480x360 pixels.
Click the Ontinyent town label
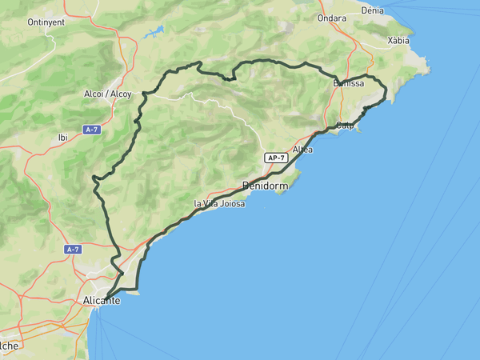[x=46, y=22]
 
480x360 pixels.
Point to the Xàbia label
[x=398, y=40]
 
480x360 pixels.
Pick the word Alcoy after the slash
[x=121, y=94]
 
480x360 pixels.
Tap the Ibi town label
[x=63, y=138]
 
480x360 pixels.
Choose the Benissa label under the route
[x=348, y=83]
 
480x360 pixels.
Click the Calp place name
[x=346, y=126]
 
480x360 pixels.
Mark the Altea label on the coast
[x=302, y=150]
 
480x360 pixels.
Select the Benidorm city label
[x=264, y=186]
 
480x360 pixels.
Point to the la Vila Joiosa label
[x=218, y=204]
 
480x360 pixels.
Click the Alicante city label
[x=102, y=301]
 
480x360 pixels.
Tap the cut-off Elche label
[x=9, y=346]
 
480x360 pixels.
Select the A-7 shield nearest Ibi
[x=93, y=130]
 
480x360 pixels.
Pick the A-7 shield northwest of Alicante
[x=74, y=250]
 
